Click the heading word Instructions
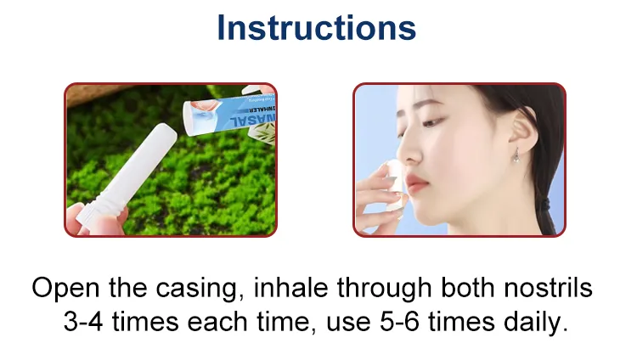tap(317, 27)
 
